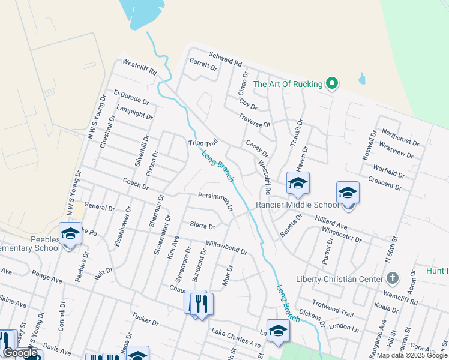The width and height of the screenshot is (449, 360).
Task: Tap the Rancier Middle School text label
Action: [298, 205]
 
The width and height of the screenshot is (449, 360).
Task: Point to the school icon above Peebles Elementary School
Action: [70, 233]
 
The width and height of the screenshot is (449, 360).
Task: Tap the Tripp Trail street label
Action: [202, 143]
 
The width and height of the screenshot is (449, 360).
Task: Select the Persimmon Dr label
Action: [215, 197]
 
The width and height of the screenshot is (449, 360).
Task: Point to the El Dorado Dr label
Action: [131, 96]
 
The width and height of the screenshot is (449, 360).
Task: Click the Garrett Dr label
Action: [203, 64]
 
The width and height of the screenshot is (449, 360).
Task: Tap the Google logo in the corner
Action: [20, 353]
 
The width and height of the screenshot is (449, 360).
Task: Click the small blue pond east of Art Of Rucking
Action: [361, 79]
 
